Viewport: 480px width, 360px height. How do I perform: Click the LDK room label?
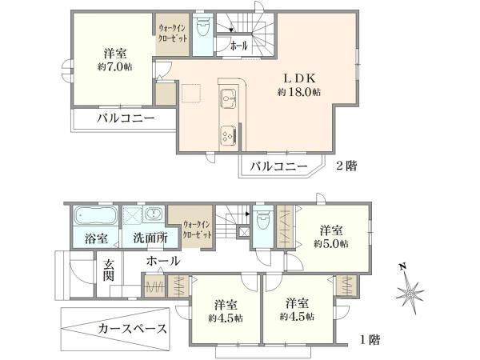[299, 78]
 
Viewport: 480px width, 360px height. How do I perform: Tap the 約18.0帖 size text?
[299, 93]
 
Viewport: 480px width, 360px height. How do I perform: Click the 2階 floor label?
[346, 166]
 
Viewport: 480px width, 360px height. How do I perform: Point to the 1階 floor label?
[368, 339]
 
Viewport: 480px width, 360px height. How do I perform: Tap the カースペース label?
[132, 329]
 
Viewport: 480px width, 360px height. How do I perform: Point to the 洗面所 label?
[150, 238]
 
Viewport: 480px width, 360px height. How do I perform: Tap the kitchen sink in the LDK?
[226, 102]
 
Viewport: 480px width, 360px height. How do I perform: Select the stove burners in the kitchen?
[226, 136]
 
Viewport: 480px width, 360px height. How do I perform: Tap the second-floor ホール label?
[239, 47]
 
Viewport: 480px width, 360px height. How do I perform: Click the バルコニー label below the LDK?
[278, 166]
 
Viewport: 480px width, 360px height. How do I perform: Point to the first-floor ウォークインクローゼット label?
[197, 230]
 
